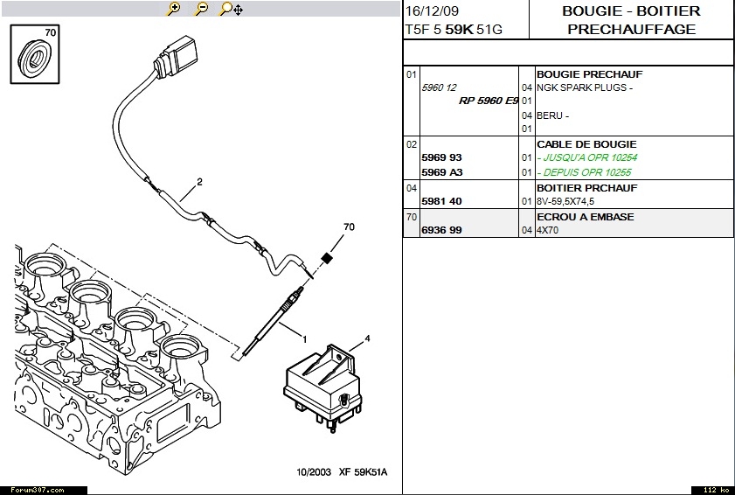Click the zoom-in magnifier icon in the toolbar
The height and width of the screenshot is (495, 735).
tap(174, 9)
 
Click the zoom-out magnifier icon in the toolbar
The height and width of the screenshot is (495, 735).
tap(201, 9)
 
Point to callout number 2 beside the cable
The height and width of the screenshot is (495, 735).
tap(199, 182)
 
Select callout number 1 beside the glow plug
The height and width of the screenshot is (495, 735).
tap(304, 338)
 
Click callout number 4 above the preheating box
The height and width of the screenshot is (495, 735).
tap(367, 338)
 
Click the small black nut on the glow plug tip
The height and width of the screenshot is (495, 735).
tap(328, 257)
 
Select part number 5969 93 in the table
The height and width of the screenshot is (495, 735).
tap(441, 157)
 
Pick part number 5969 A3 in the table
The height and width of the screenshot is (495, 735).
tap(441, 172)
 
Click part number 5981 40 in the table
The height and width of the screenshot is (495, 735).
tap(441, 201)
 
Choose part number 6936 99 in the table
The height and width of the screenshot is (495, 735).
tap(441, 230)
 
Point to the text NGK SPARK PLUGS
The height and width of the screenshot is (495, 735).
tap(584, 87)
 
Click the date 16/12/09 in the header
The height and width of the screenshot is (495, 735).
tap(431, 11)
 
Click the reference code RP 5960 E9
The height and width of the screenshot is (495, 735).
tap(489, 101)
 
